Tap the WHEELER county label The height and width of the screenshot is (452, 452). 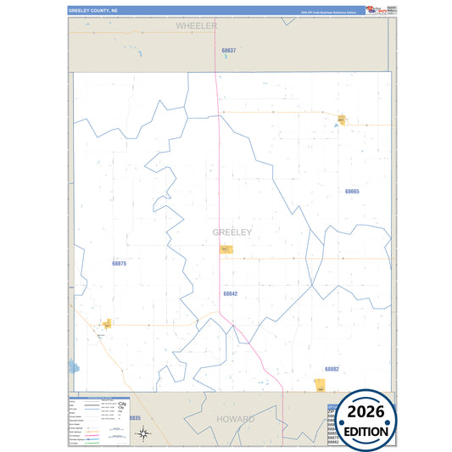197,26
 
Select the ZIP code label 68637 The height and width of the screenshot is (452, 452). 228,51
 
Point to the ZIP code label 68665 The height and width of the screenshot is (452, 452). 352,192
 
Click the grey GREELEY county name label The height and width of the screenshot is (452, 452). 232,232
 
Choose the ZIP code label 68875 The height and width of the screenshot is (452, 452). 119,264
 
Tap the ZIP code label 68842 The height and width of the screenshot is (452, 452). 231,293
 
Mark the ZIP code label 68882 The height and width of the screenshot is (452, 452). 332,369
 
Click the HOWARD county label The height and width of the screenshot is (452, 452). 235,419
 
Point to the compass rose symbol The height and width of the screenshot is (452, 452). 144,433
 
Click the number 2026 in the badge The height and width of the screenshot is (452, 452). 366,412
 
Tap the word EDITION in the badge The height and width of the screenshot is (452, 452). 366,431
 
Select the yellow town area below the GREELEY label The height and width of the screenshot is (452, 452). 226,249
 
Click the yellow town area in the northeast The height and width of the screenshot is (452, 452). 341,120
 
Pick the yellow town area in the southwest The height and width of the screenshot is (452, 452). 108,323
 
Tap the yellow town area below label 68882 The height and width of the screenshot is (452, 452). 319,386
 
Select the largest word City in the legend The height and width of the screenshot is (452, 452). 122,404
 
